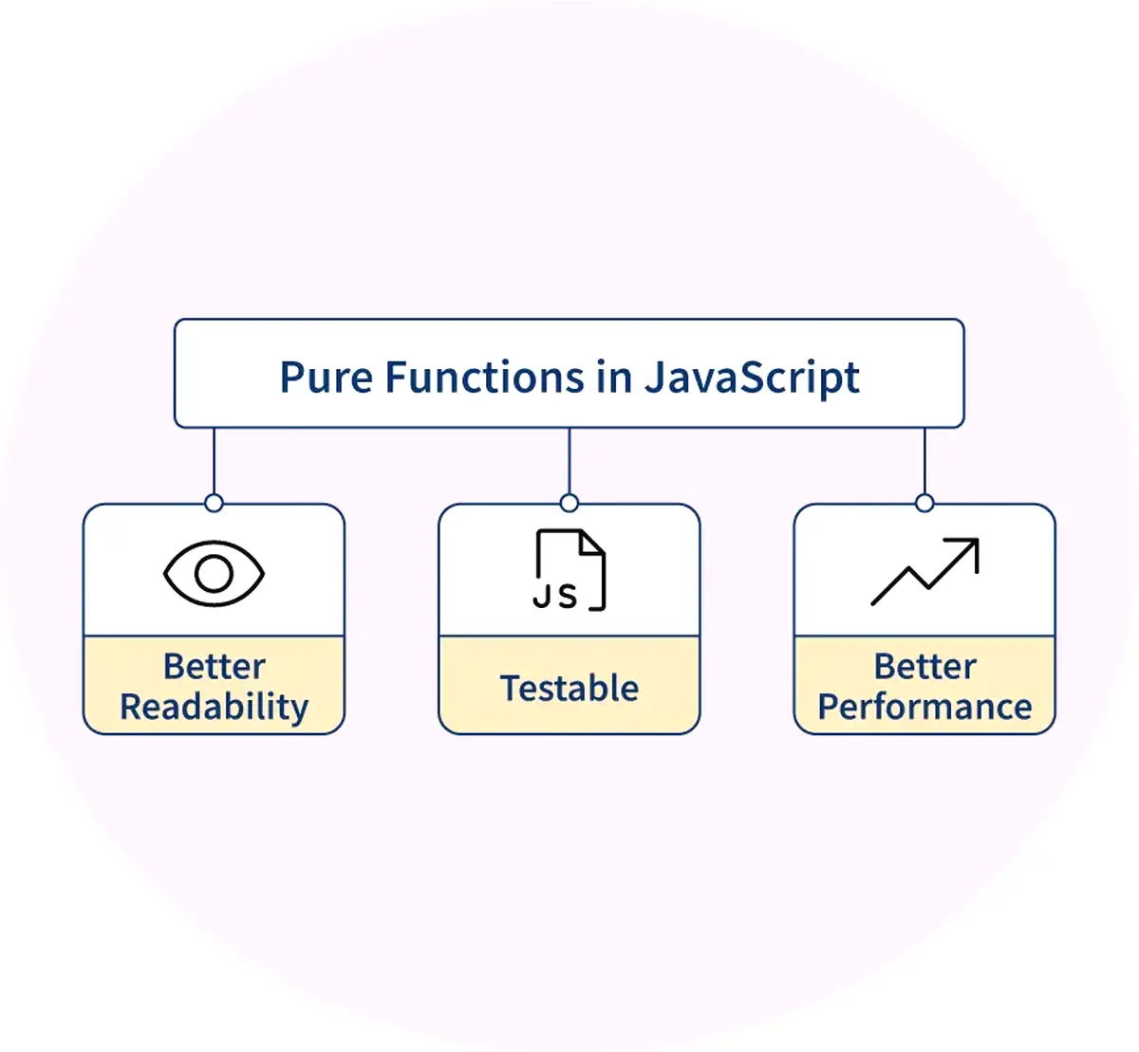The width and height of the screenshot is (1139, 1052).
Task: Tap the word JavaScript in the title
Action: [x=753, y=378]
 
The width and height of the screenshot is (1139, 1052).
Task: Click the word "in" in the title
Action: [x=615, y=378]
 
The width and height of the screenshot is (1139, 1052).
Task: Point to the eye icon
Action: [x=214, y=573]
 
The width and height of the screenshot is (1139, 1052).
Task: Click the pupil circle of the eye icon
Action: [x=214, y=573]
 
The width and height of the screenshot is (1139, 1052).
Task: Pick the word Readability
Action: [x=214, y=708]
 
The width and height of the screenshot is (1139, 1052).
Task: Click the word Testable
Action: [x=569, y=688]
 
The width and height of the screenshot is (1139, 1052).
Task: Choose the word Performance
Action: [x=924, y=708]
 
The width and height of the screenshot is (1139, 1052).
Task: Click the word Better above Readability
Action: [x=214, y=666]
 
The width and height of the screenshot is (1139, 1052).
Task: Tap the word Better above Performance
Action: [x=924, y=666]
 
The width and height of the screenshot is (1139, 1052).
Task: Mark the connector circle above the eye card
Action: [x=214, y=503]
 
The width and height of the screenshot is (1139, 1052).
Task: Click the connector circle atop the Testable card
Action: [x=569, y=503]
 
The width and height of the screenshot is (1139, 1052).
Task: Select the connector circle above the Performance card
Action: [x=924, y=503]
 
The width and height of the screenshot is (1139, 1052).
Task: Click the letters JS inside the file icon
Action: [x=555, y=596]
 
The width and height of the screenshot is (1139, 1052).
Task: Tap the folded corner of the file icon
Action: [x=592, y=542]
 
